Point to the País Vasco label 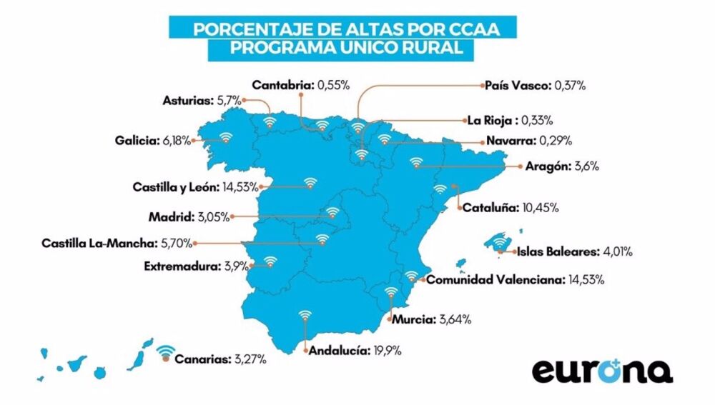click(x=518, y=86)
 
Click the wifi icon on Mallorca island click(x=500, y=242)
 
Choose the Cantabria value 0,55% click(x=332, y=84)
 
